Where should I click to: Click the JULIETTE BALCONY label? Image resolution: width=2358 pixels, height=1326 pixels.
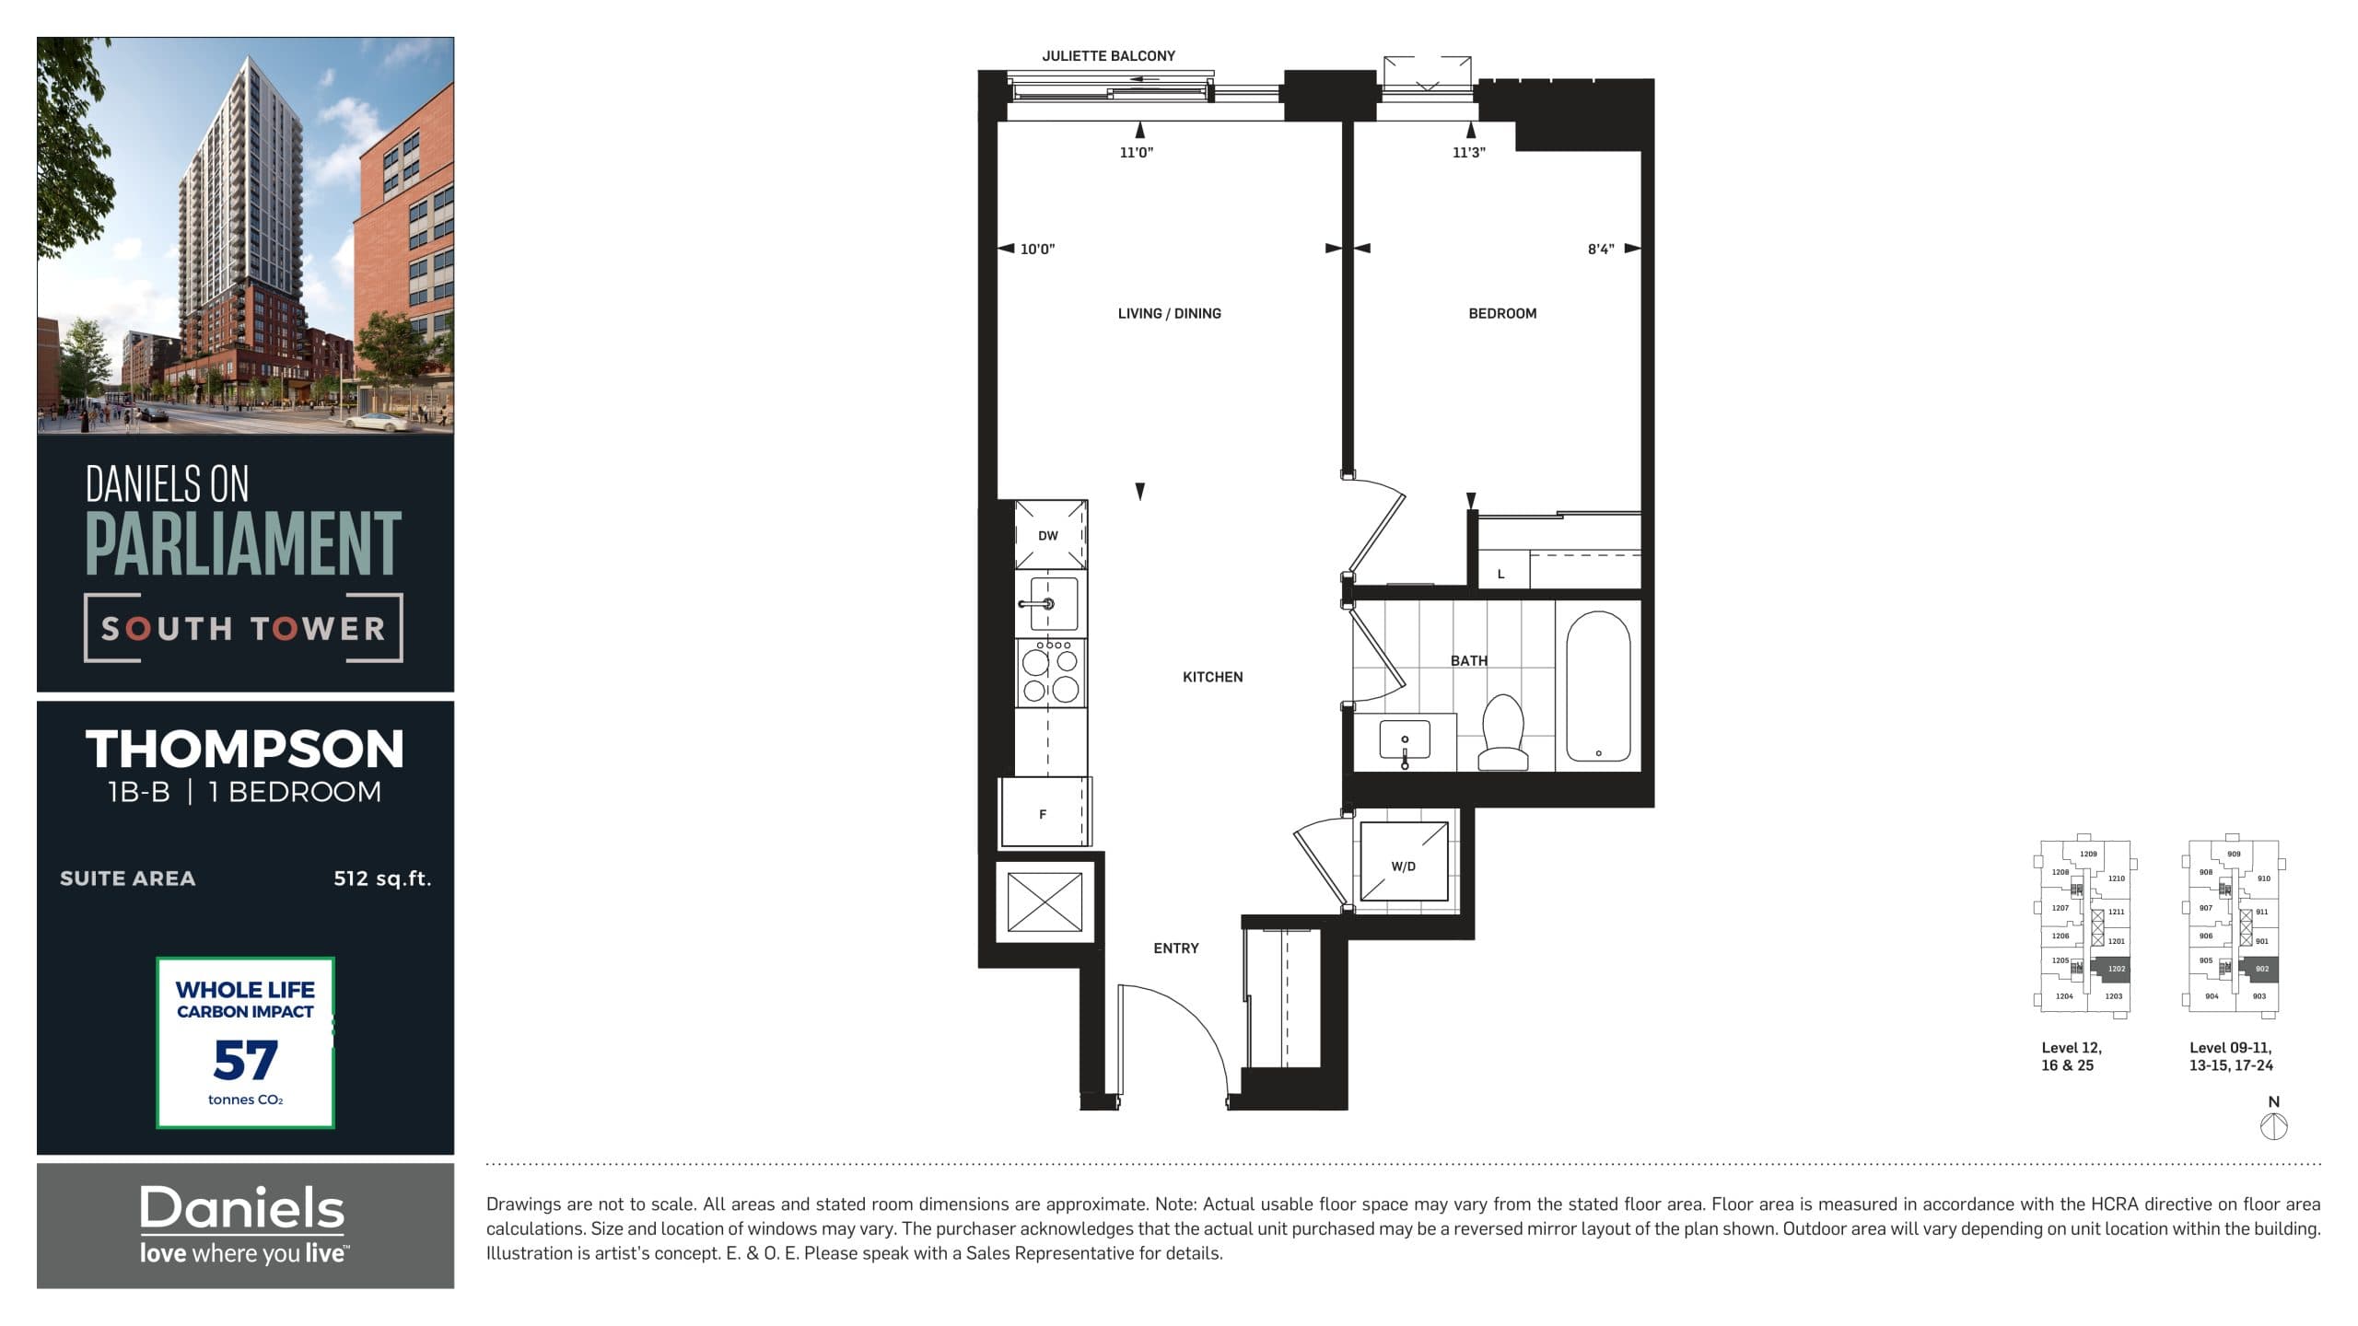1108,56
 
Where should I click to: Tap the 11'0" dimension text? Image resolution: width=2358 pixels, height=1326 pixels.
1136,153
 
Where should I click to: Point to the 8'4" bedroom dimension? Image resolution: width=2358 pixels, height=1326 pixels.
1601,250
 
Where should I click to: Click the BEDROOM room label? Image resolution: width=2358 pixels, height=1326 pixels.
1502,314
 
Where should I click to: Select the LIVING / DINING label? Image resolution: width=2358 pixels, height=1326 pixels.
1169,314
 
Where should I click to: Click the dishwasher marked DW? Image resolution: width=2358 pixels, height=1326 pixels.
1049,536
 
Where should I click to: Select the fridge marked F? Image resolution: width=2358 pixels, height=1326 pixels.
1044,814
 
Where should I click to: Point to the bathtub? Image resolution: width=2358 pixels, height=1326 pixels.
1598,686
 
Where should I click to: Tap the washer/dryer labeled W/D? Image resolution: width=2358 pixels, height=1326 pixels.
1404,867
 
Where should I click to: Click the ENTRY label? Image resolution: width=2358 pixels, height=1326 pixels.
1176,948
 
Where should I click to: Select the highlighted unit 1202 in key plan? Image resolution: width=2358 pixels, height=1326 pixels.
2116,969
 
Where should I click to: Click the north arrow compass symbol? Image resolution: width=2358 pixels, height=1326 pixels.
2274,1125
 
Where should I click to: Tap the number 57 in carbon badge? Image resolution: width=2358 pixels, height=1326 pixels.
245,1061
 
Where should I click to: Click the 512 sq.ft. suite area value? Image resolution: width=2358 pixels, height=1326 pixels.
382,878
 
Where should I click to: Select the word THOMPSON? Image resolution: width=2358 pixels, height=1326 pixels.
245,750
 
